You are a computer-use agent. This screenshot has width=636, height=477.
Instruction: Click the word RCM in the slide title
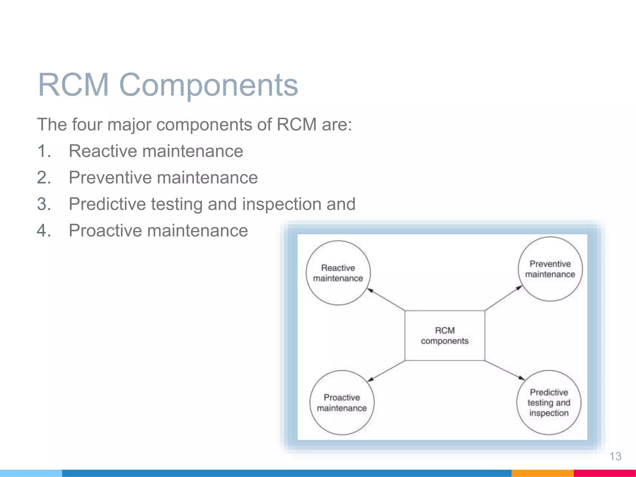tap(73, 85)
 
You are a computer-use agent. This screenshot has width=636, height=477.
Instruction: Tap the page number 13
tap(615, 456)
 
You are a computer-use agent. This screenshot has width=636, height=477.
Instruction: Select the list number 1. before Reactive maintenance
tap(44, 151)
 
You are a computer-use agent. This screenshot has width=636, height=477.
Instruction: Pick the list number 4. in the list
tap(44, 231)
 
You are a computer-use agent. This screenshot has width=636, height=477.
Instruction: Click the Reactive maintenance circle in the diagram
tap(338, 273)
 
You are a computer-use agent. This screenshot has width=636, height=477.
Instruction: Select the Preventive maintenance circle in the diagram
tap(550, 269)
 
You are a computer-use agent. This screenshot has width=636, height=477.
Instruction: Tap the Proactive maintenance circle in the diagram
tap(342, 402)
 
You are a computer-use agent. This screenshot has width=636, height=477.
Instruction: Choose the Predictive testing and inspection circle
tap(549, 402)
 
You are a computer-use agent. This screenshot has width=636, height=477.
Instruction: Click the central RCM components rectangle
tap(444, 335)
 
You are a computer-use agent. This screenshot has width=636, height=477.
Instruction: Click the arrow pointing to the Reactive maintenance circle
tap(386, 299)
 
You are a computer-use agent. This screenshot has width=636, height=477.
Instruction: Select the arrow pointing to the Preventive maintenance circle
tap(503, 298)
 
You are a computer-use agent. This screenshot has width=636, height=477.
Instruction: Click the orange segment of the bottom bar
tap(542, 473)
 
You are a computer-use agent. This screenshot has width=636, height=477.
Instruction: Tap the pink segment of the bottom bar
tap(604, 473)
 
